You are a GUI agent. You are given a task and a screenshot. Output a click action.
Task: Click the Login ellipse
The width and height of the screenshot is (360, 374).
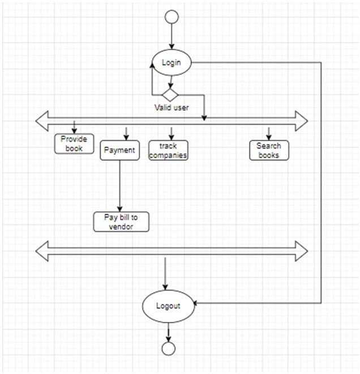(x=172, y=62)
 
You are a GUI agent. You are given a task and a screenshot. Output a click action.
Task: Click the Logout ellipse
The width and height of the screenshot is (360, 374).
(x=168, y=306)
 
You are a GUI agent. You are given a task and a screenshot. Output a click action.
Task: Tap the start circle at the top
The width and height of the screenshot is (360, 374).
(x=172, y=17)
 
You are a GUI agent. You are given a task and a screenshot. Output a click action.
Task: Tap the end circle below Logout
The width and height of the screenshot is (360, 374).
(x=168, y=348)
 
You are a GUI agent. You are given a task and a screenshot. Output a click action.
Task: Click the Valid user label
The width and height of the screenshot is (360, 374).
(x=172, y=107)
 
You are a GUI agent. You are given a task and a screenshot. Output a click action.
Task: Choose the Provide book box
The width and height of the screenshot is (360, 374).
(x=74, y=144)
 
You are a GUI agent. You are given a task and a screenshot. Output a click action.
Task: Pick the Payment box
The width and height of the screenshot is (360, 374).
(x=120, y=151)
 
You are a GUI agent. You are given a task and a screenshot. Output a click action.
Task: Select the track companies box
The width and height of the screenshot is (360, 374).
(x=169, y=151)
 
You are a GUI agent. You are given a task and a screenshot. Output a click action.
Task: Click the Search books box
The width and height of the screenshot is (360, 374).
(x=269, y=150)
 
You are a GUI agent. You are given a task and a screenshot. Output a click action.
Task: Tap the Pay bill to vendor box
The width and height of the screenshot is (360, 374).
(x=121, y=222)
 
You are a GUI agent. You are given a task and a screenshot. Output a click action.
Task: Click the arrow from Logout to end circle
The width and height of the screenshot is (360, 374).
(x=168, y=332)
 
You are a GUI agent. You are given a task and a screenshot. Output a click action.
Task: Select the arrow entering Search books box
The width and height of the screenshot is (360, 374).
(x=269, y=133)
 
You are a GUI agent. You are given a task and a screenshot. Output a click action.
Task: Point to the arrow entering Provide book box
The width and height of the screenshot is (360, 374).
(x=74, y=126)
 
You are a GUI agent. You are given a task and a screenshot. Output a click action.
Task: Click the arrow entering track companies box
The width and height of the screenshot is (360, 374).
(x=172, y=133)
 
